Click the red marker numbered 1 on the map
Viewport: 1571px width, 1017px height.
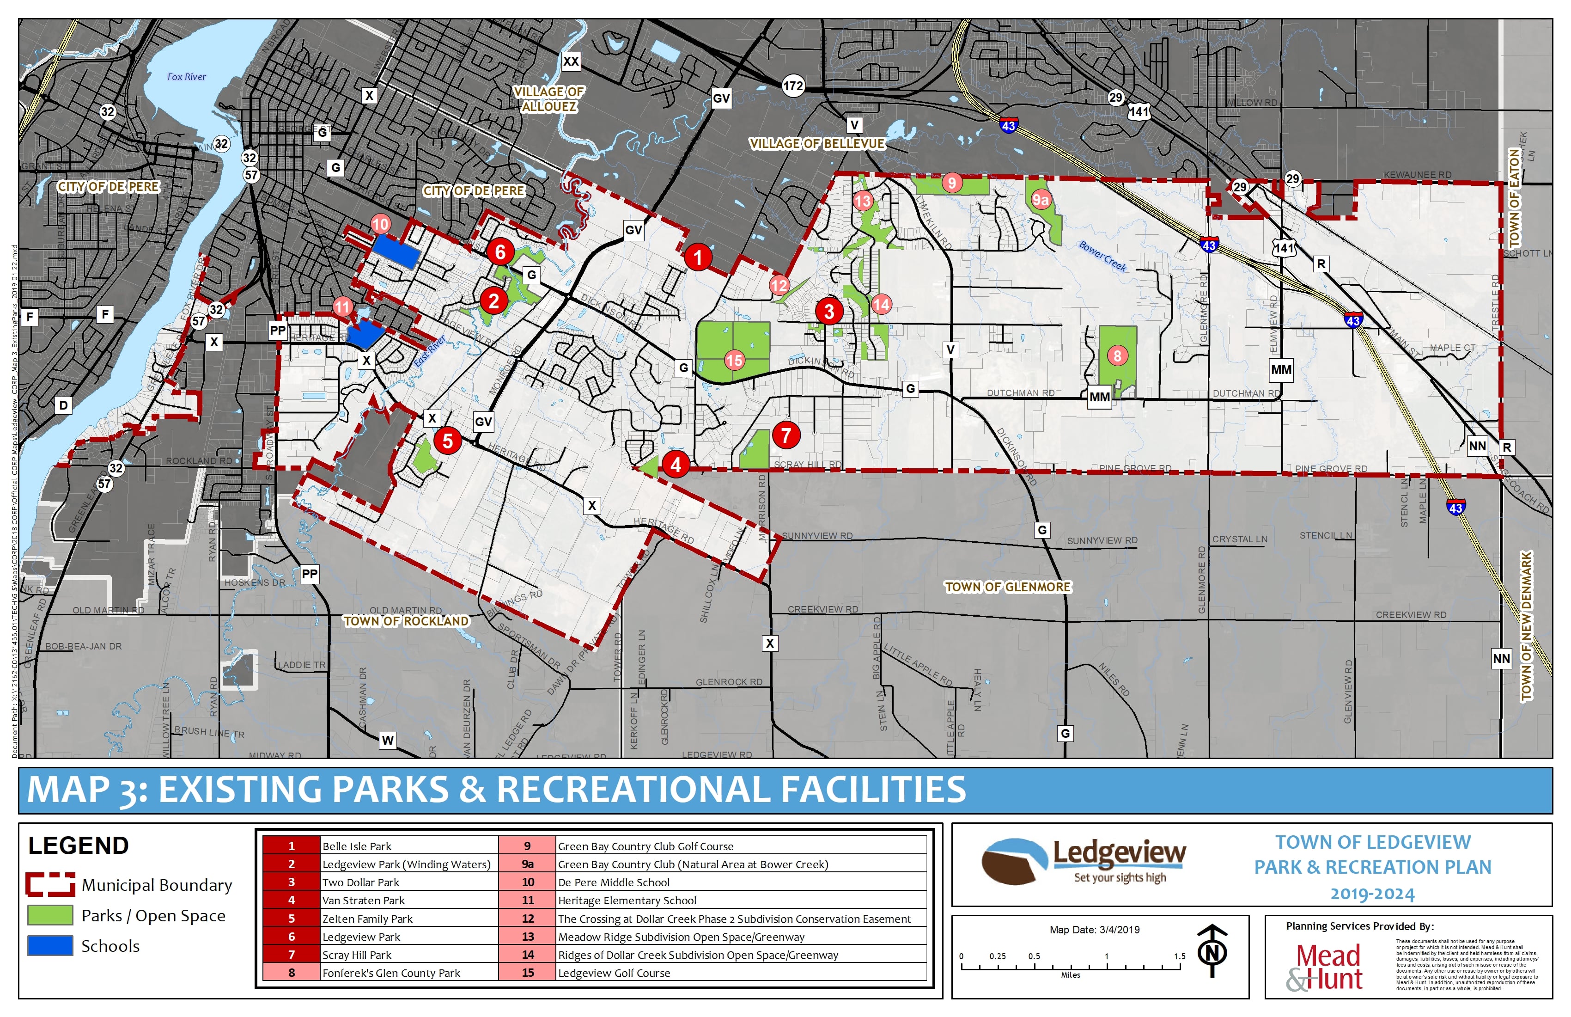698,257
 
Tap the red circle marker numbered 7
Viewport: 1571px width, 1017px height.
785,435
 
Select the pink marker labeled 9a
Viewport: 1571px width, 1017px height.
1040,199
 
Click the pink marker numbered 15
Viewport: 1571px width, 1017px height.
734,360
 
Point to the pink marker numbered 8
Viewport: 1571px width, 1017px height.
1117,356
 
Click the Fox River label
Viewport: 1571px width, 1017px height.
186,77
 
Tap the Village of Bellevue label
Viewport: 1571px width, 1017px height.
816,143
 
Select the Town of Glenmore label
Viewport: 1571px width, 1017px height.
1007,587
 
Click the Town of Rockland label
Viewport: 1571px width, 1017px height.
406,621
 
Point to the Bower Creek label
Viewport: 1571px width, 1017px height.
1102,256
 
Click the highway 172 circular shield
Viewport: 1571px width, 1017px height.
793,85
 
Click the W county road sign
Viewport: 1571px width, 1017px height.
388,740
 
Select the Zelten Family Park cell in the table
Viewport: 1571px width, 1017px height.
367,919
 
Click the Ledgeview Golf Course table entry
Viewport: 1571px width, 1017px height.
614,973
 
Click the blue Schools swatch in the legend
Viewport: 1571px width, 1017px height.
50,946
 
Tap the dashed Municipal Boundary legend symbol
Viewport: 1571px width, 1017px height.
50,884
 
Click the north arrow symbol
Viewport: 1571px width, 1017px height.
1212,951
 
